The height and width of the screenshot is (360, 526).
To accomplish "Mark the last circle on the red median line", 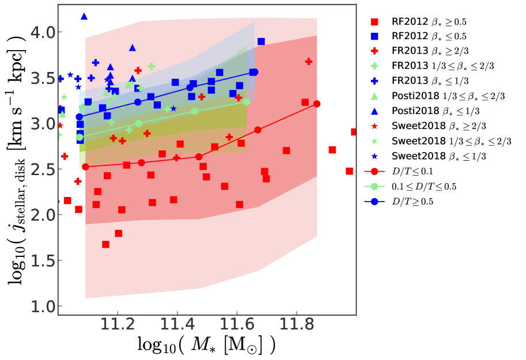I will [x=316, y=104].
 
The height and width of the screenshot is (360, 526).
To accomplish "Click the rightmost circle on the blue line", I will [x=255, y=72].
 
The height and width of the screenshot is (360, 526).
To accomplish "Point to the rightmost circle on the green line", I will [x=247, y=102].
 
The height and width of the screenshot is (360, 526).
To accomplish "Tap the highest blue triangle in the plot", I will [x=84, y=16].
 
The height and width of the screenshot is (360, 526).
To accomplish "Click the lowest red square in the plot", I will [x=106, y=244].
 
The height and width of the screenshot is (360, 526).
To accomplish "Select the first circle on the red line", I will [x=85, y=167].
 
